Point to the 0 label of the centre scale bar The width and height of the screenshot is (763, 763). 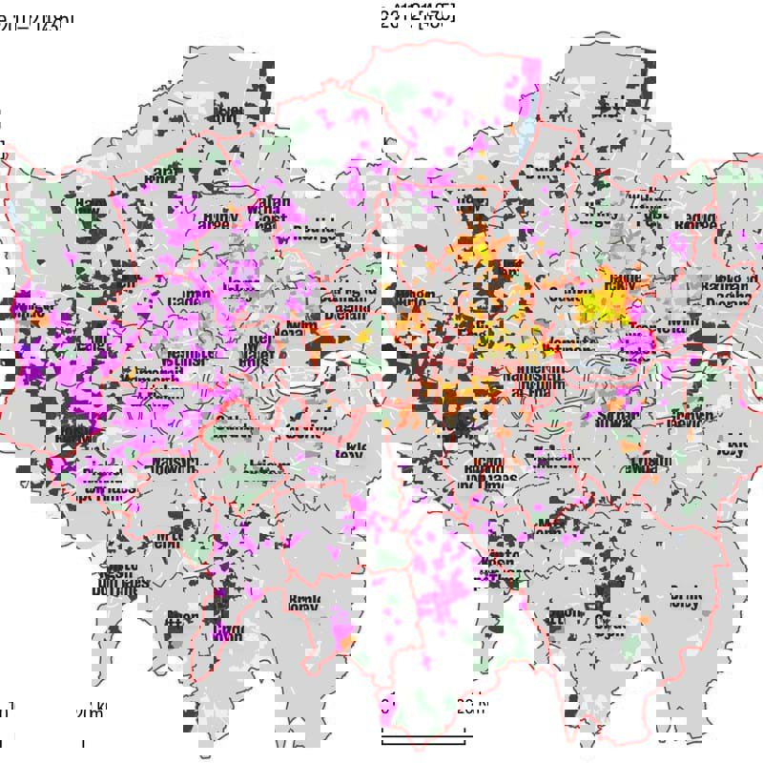pyautogui.click(x=386, y=708)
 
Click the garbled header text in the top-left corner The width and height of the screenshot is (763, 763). pyautogui.click(x=36, y=19)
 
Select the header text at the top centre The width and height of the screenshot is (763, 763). pyautogui.click(x=417, y=13)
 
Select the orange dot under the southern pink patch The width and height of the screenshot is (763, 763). pyautogui.click(x=345, y=646)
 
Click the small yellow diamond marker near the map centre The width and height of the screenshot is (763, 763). pyautogui.click(x=363, y=336)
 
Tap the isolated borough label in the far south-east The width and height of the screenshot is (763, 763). pyautogui.click(x=685, y=601)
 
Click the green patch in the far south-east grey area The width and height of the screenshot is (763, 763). pyautogui.click(x=629, y=647)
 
